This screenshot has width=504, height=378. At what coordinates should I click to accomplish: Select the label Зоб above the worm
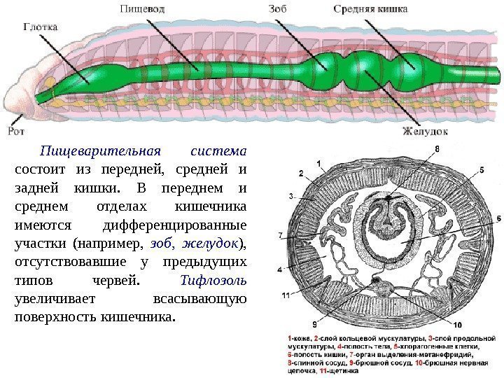pos(276,9)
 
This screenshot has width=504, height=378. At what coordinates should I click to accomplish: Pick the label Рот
pos(16,129)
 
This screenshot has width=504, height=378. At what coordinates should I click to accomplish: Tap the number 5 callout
pos(481,170)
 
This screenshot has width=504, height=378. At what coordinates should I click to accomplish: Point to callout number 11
pos(286,295)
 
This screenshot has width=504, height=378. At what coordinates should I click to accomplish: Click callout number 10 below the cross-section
pos(457,325)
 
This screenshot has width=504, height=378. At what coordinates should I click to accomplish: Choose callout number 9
pos(314,325)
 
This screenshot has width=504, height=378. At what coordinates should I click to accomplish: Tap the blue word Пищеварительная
pos(99,151)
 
